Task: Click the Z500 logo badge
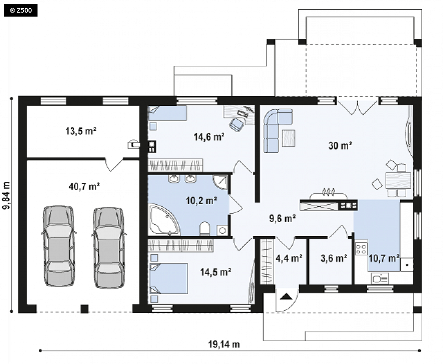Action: coord(21,11)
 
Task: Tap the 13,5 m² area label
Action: coord(81,131)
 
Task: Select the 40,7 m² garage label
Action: coord(84,186)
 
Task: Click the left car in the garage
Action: coord(59,246)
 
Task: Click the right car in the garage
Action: coord(109,248)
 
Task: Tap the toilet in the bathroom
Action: coord(205,229)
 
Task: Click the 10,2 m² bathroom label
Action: coord(201,201)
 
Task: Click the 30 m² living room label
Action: coord(340,146)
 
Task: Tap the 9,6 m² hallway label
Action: coord(283,218)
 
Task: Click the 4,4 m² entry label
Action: coord(289,258)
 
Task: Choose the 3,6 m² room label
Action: coord(334,258)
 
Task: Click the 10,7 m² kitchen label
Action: coord(384,258)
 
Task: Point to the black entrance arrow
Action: coord(287,296)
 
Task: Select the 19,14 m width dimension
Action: coord(224,344)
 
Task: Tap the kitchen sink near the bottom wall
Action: coord(380,279)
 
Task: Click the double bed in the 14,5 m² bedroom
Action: coord(169,279)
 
